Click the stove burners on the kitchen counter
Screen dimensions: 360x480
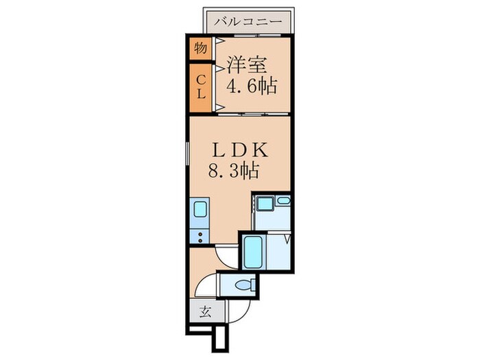click(200, 237)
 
